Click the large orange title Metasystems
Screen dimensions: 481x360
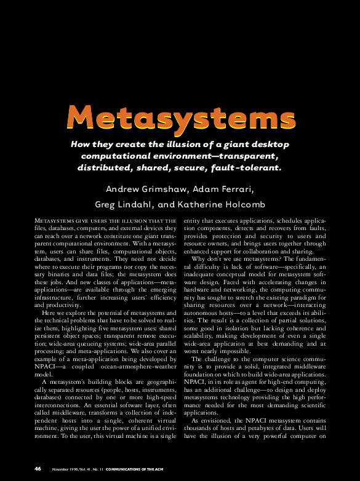click(x=180, y=117)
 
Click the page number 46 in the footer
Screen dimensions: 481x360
click(x=38, y=468)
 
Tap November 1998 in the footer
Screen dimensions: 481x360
click(x=65, y=469)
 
